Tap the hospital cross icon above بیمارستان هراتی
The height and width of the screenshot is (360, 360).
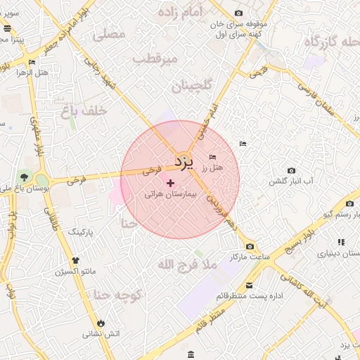click(x=169, y=183)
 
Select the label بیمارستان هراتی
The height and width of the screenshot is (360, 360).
click(x=169, y=193)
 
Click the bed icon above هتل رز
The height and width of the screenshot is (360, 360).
click(x=213, y=157)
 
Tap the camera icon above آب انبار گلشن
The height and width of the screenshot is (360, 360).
click(x=292, y=171)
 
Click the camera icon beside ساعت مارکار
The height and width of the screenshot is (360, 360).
click(x=250, y=247)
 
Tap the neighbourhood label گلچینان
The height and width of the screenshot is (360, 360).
click(x=191, y=86)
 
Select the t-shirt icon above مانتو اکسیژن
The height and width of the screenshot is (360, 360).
click(x=77, y=259)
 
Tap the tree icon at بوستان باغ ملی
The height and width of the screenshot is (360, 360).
click(x=26, y=176)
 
